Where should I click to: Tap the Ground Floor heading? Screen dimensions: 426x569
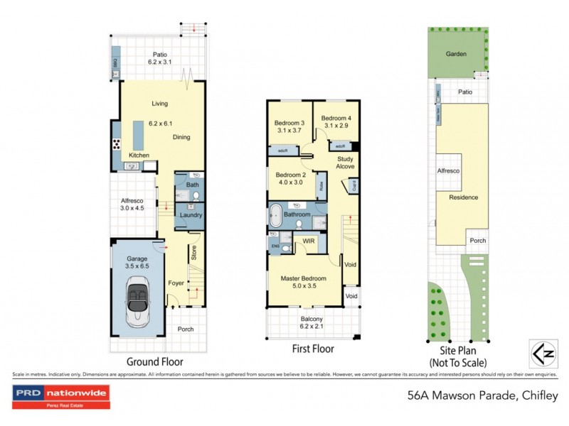point(156,362)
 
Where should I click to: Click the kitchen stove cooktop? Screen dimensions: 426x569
point(116,144)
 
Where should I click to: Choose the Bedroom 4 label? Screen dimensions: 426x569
point(336,121)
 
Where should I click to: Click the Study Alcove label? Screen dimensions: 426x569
point(345,163)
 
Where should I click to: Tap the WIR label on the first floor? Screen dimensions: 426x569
point(309,241)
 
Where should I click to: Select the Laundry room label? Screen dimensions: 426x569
point(191,215)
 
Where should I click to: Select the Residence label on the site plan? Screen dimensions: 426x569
point(463,197)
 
